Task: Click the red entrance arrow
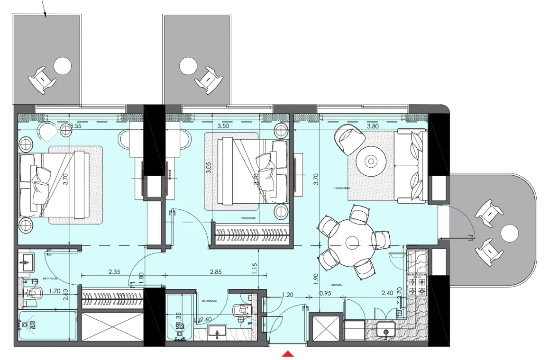click(x=288, y=354)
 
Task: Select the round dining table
click(x=352, y=243)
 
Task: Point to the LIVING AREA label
click(x=342, y=188)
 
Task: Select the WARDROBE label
click(x=248, y=219)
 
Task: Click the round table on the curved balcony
click(x=510, y=234)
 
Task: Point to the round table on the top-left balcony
click(x=62, y=65)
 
